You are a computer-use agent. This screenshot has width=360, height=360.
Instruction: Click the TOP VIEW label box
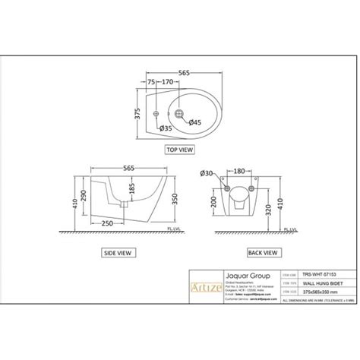point(179,150)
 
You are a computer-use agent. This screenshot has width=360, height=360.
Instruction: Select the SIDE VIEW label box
point(118,249)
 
